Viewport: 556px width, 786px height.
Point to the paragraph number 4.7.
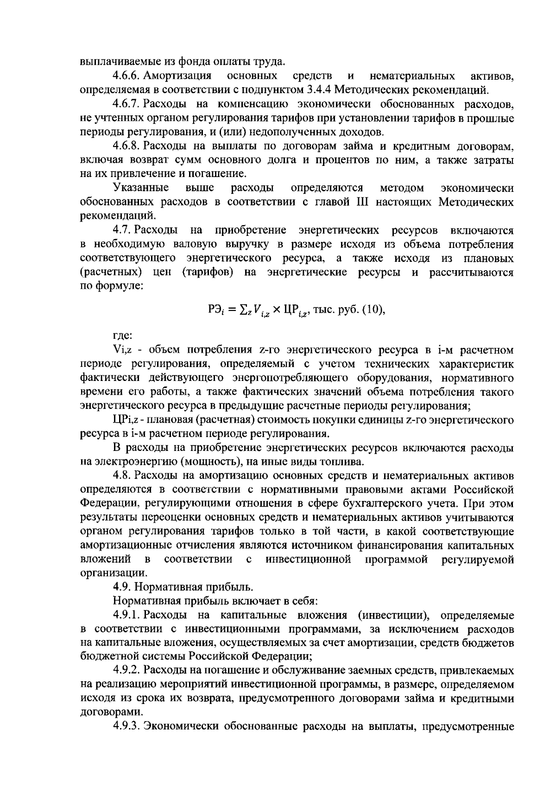click(x=122, y=230)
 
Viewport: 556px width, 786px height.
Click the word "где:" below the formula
click(x=123, y=335)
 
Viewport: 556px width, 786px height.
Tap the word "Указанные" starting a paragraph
click(x=140, y=188)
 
